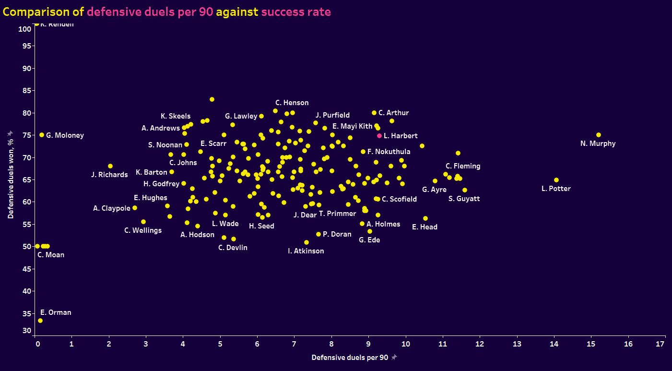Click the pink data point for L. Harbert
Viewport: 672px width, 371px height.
point(379,136)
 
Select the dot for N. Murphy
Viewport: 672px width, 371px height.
point(598,135)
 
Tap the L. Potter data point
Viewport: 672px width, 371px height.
point(556,180)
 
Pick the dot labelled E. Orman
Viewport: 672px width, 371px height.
point(40,321)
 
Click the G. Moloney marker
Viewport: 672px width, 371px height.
point(42,135)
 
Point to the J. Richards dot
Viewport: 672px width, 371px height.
point(110,166)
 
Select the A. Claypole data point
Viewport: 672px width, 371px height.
point(135,208)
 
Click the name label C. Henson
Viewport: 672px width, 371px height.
point(292,103)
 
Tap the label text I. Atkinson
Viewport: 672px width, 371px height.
point(306,251)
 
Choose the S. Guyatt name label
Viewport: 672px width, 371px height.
point(464,199)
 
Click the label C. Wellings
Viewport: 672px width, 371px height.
point(143,230)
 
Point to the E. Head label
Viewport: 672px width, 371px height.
point(424,227)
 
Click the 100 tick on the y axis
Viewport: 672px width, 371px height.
point(25,29)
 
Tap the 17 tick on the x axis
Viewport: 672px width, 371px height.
point(660,344)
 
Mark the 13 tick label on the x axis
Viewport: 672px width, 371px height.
point(517,344)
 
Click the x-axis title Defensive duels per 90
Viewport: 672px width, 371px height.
point(350,358)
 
